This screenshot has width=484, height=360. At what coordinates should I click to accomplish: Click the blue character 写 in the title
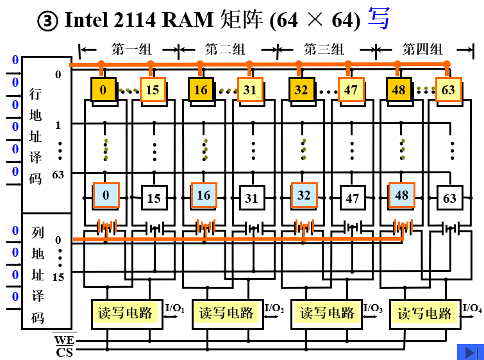pyautogui.click(x=378, y=19)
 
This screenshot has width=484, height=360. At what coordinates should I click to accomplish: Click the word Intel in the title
pyautogui.click(x=85, y=21)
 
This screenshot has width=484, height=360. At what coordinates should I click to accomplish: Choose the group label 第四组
pyautogui.click(x=422, y=49)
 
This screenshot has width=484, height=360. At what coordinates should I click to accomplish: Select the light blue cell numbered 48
pyautogui.click(x=401, y=195)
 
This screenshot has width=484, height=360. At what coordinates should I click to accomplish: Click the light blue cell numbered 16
pyautogui.click(x=203, y=195)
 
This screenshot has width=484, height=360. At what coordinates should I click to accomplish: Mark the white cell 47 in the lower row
pyautogui.click(x=352, y=198)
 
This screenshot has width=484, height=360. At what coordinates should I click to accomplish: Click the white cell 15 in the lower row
pyautogui.click(x=154, y=198)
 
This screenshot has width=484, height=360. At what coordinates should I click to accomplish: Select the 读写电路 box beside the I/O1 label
pyautogui.click(x=126, y=313)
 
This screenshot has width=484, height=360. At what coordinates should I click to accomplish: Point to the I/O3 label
pyautogui.click(x=372, y=308)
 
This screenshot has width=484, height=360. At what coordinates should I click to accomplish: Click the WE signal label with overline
pyautogui.click(x=63, y=339)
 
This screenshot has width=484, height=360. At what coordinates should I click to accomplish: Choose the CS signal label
pyautogui.click(x=63, y=352)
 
